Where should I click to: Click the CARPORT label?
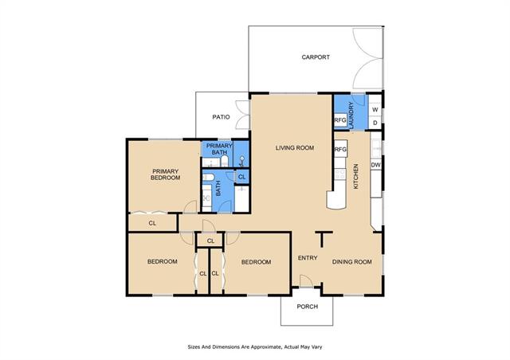tap(316, 57)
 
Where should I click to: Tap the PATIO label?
tap(222, 117)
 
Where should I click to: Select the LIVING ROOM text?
tap(295, 148)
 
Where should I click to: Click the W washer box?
tap(375, 110)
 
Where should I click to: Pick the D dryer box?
tap(375, 123)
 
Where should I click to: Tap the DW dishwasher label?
tap(375, 165)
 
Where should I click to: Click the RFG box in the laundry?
tap(340, 120)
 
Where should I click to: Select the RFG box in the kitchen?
tap(340, 150)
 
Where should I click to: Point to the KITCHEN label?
tap(356, 176)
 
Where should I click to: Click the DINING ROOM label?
tap(352, 262)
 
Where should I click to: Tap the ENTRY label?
tap(308, 258)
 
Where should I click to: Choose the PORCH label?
tap(308, 307)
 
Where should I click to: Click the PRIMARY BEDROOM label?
tap(165, 174)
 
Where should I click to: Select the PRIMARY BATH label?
tap(220, 149)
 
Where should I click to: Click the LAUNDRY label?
tap(351, 115)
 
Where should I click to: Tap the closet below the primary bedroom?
tap(152, 223)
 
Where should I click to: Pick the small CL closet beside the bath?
tap(241, 177)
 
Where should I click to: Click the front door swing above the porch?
tap(306, 281)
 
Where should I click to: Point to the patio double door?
tap(242, 115)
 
